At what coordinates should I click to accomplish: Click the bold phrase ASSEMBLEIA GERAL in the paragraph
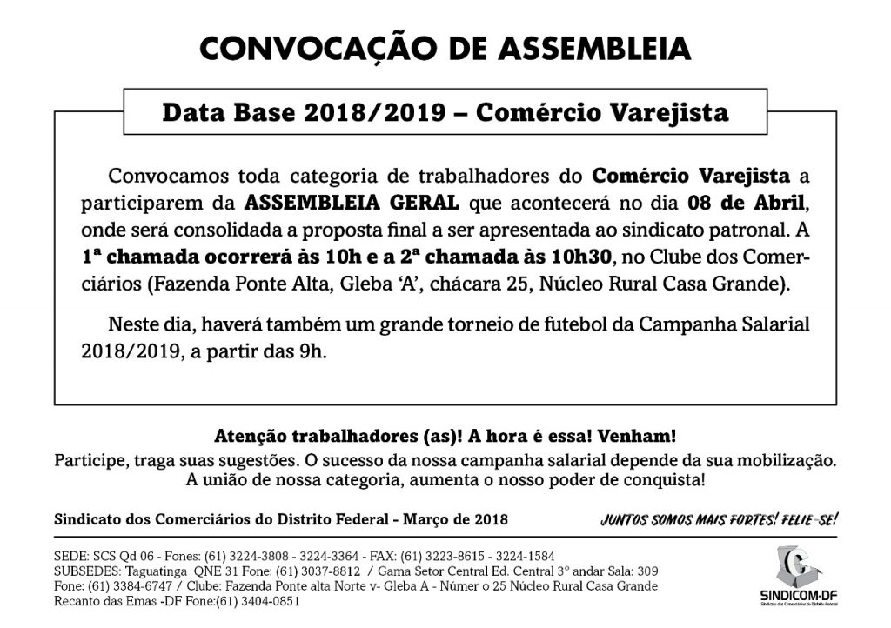(x=352, y=204)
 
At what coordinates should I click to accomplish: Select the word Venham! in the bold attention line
(x=645, y=435)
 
